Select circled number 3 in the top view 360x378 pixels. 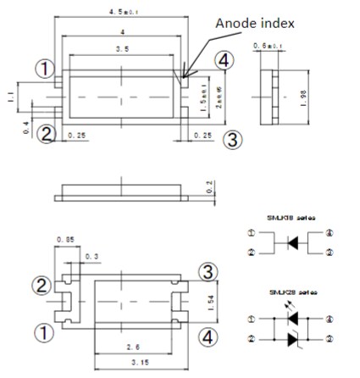(x=237, y=138)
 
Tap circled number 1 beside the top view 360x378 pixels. (x=42, y=66)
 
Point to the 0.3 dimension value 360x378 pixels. (x=91, y=255)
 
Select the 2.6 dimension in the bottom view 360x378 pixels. (x=125, y=348)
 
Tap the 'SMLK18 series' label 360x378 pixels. (x=291, y=218)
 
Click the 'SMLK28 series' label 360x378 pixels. (x=291, y=291)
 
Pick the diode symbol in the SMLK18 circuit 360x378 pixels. (x=291, y=242)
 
